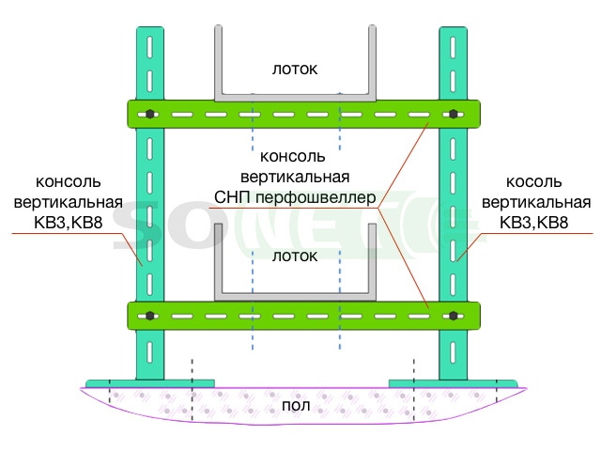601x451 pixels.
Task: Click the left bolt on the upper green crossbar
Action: click(150, 114)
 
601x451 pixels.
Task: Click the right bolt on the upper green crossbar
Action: click(453, 114)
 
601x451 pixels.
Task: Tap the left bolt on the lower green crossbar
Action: click(150, 316)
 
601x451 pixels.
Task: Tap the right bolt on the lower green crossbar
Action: click(453, 316)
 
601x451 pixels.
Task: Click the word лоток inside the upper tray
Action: click(295, 69)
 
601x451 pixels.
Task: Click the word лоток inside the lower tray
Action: click(295, 257)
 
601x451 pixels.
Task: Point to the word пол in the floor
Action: click(296, 406)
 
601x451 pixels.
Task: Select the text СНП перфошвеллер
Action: click(295, 197)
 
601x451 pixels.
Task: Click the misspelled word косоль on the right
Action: click(534, 181)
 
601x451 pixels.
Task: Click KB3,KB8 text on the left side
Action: click(69, 223)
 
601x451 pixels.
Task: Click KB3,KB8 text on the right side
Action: click(534, 223)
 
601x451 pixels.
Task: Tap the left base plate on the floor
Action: click(150, 384)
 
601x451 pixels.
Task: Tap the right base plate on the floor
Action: click(453, 384)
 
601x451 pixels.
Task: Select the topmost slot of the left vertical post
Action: click(150, 47)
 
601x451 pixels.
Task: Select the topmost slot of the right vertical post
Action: click(453, 47)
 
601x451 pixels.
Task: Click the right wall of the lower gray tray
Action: click(372, 261)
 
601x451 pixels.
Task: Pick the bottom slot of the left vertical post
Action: click(150, 352)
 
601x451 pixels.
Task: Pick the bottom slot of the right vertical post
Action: click(453, 352)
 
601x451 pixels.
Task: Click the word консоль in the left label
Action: click(69, 181)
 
